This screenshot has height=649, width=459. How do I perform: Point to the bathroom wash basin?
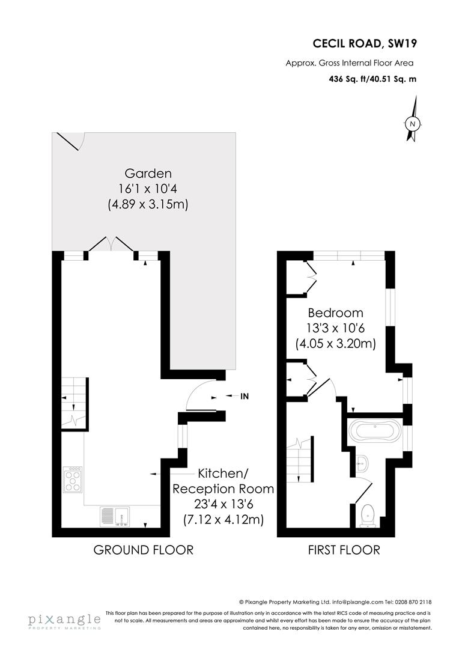point(362,463)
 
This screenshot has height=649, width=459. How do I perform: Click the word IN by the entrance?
point(245,397)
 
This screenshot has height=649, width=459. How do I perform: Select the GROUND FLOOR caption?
point(143,550)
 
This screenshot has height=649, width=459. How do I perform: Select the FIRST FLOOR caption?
point(344,550)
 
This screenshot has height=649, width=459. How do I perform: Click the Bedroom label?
point(335,313)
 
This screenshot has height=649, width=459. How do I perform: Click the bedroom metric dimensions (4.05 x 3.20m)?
point(335,344)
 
